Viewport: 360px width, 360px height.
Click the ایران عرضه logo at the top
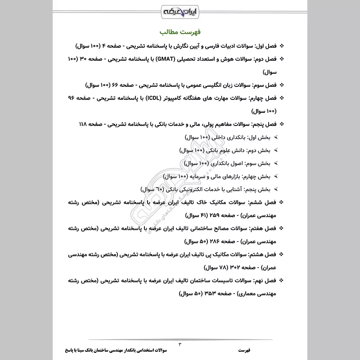click(x=180, y=10)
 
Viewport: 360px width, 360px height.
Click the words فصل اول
click(x=265, y=46)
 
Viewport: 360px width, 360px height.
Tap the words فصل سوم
click(x=264, y=85)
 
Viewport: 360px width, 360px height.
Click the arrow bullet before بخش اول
click(x=276, y=137)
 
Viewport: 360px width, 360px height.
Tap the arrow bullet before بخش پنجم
click(x=276, y=189)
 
